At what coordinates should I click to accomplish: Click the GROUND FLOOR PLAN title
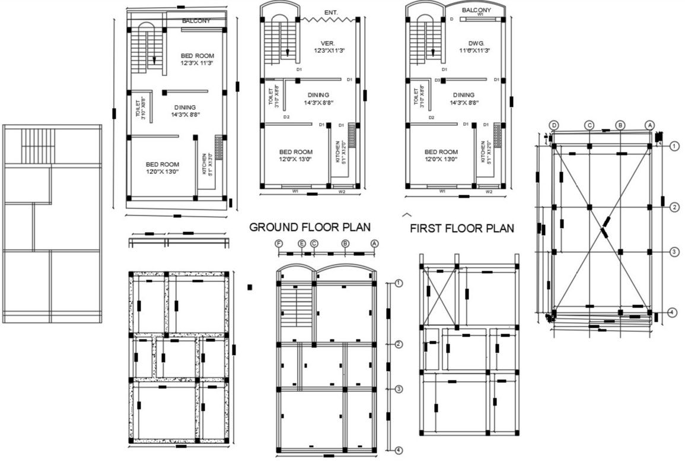click(310, 227)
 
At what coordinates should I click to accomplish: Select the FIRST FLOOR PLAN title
click(462, 229)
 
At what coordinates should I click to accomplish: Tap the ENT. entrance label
click(332, 12)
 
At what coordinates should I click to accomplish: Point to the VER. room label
click(328, 43)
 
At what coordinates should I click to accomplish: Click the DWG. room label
click(476, 43)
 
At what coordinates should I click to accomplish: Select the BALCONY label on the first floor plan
click(476, 10)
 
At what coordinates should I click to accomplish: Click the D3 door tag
click(437, 80)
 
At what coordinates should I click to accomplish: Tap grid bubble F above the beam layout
click(279, 243)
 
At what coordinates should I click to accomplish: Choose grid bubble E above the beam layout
click(302, 243)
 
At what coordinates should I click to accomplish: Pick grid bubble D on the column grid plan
click(554, 125)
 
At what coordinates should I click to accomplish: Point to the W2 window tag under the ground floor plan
click(342, 192)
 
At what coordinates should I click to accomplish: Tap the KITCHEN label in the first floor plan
click(483, 151)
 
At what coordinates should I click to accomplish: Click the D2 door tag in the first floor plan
click(432, 118)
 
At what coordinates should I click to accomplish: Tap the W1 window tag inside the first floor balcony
click(480, 15)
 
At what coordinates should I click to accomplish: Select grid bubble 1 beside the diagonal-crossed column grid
click(674, 145)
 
